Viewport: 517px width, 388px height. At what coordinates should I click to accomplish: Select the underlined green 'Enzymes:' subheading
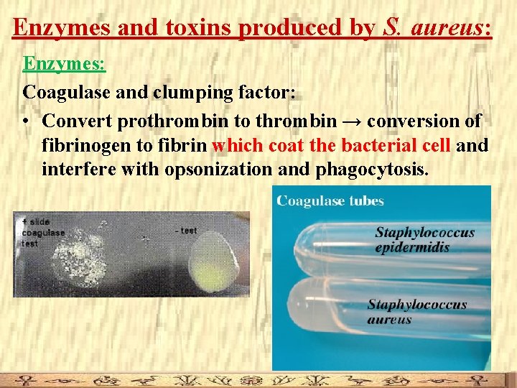click(x=65, y=64)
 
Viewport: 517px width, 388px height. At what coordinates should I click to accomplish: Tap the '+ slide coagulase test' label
click(x=43, y=232)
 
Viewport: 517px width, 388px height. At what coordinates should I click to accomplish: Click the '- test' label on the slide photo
click(x=186, y=231)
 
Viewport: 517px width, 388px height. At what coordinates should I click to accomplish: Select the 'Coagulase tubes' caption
click(x=331, y=200)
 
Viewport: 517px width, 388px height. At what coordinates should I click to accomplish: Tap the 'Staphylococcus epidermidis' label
click(x=424, y=239)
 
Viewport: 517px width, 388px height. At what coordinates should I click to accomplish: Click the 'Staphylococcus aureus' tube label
click(x=416, y=311)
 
